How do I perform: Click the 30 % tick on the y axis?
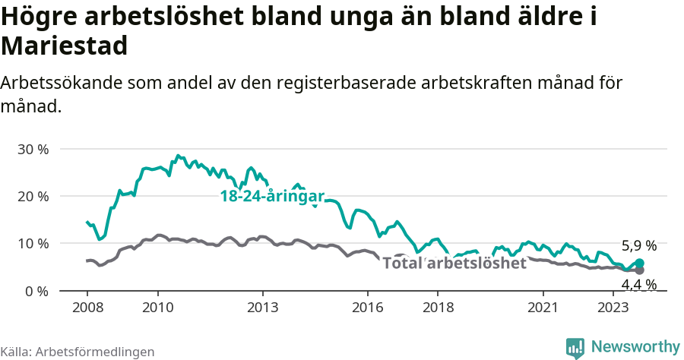tap(32, 149)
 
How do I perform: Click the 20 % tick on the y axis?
tap(32, 196)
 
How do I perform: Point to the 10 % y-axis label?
tap(32, 244)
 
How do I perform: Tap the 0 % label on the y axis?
tap(36, 291)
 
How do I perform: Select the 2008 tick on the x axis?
tap(87, 308)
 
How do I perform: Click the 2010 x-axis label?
tap(157, 308)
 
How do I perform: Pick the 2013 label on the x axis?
tap(263, 308)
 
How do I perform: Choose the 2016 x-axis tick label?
tap(368, 308)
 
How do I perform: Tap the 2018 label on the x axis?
tap(438, 308)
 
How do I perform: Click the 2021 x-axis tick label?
tap(543, 308)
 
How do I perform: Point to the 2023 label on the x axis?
tap(613, 308)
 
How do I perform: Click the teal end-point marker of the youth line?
tap(639, 263)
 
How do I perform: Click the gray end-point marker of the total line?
tap(639, 270)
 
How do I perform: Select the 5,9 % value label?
tap(638, 246)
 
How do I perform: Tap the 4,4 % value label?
tap(638, 285)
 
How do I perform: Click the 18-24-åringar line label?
tap(271, 196)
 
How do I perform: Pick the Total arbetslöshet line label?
tap(454, 264)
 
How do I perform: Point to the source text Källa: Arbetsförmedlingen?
tap(78, 352)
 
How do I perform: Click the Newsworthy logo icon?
tap(575, 347)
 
